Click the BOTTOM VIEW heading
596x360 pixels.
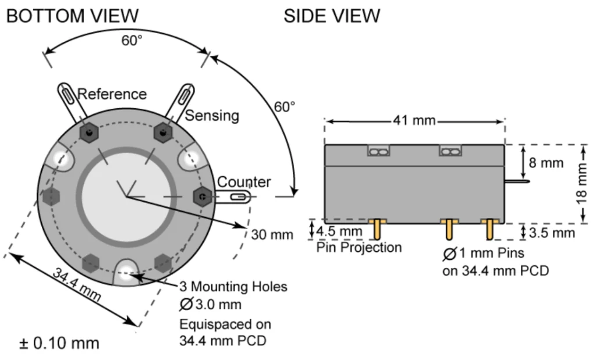pyautogui.click(x=72, y=16)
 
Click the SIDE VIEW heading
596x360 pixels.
pyautogui.click(x=332, y=16)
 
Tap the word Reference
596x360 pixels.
pyautogui.click(x=112, y=94)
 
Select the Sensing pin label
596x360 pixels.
pyautogui.click(x=212, y=116)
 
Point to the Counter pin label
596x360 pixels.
pyautogui.click(x=244, y=182)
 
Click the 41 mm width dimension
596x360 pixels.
pyautogui.click(x=414, y=120)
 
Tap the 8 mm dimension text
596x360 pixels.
pyautogui.click(x=546, y=162)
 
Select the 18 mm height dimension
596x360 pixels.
pyautogui.click(x=584, y=184)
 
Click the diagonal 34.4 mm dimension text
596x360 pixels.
pyautogui.click(x=77, y=284)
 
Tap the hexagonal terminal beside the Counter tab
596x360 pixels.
pyautogui.click(x=202, y=197)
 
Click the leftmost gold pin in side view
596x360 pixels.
pyautogui.click(x=378, y=229)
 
